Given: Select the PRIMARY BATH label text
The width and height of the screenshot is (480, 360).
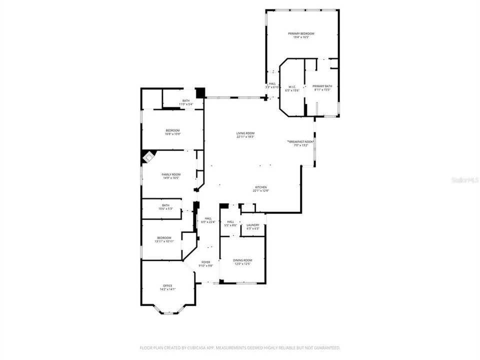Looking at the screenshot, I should (322, 86).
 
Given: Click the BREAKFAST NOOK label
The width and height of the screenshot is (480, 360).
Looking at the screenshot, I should (301, 142).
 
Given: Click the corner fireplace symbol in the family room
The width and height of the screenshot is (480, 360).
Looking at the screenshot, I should (148, 157).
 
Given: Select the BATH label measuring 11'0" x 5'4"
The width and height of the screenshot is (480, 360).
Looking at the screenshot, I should (185, 101).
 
